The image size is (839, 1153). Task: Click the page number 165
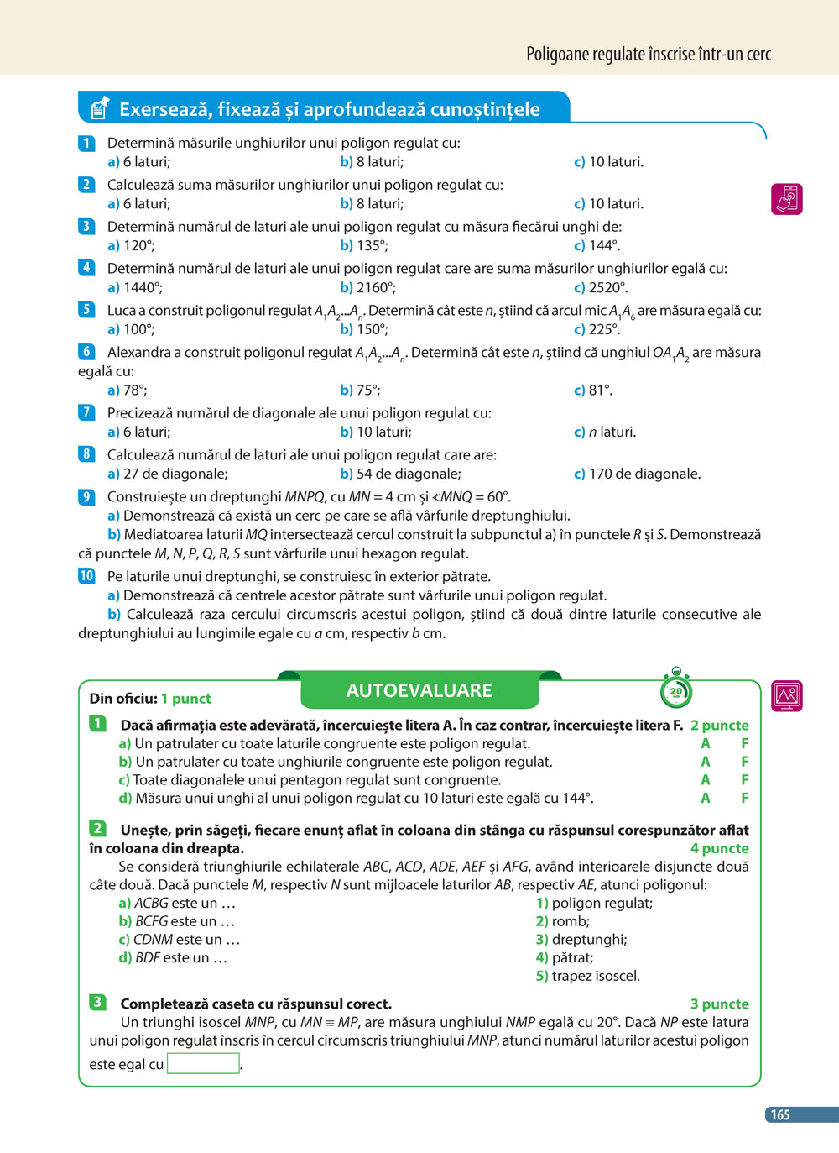[x=780, y=1114]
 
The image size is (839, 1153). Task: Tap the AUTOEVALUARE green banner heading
[x=419, y=690]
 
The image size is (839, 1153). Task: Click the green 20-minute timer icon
[x=676, y=690]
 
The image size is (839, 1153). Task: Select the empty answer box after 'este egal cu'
[x=203, y=1063]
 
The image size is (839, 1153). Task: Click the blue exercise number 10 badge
[x=86, y=576]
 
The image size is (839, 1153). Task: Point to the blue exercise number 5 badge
[x=86, y=310]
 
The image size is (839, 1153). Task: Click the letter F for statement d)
[x=744, y=798]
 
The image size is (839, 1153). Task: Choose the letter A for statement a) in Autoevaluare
[x=706, y=743]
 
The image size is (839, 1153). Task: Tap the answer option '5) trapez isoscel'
[x=587, y=976]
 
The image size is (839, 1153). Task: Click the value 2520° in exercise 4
[x=608, y=287]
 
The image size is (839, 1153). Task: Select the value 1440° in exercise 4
[x=143, y=287]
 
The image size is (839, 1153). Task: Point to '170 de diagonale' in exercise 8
[x=644, y=474]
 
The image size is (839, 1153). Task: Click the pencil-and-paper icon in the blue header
[x=99, y=107]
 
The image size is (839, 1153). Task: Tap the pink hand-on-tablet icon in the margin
[x=786, y=199]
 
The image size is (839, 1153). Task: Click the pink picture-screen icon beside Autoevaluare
[x=786, y=695]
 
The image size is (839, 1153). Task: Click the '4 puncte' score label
[x=719, y=848]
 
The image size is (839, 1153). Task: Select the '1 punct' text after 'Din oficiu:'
[x=185, y=699]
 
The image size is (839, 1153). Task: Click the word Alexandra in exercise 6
[x=139, y=352]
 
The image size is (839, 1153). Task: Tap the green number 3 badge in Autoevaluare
[x=97, y=1002]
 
